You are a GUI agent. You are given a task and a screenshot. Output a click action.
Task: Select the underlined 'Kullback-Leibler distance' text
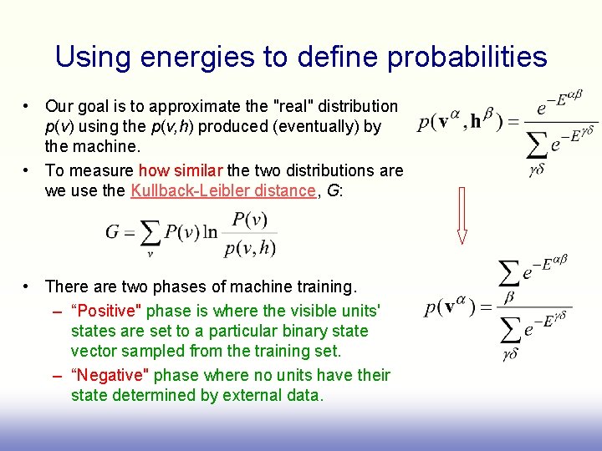(x=222, y=190)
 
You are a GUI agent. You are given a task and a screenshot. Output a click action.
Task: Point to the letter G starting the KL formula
(x=114, y=232)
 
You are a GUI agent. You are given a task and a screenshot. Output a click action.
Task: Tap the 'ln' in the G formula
(x=211, y=232)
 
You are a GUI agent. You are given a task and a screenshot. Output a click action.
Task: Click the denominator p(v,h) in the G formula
(x=250, y=247)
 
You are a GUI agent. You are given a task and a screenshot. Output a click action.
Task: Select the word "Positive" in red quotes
(x=107, y=311)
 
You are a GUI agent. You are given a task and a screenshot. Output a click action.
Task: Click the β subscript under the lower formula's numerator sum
(x=509, y=296)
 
